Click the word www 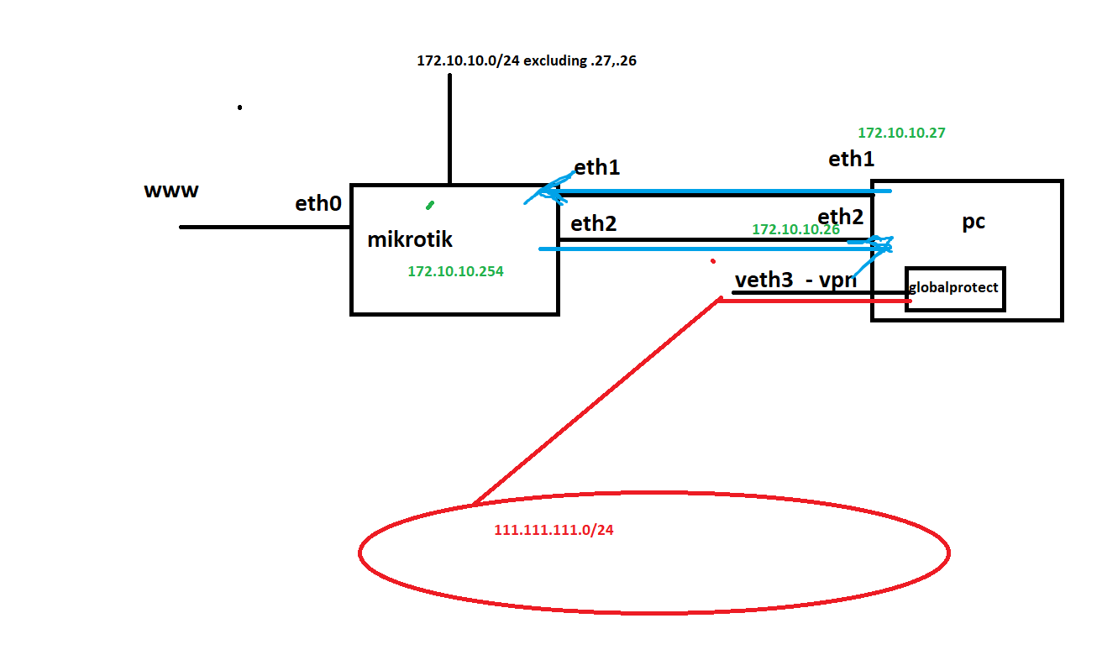coord(171,191)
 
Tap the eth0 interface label coord(318,203)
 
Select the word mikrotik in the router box coord(410,239)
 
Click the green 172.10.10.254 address coord(455,271)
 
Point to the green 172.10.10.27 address coord(902,133)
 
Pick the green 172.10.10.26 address coord(795,229)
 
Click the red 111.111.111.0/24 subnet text coord(554,531)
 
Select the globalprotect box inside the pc coord(954,288)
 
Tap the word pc coord(973,223)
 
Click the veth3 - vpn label coord(795,280)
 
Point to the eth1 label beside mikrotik coord(596,167)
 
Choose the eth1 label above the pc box coord(852,160)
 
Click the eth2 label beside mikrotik coord(594,223)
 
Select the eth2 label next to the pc coord(841,217)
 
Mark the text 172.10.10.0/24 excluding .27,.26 coord(527,60)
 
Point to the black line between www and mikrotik coord(265,227)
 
